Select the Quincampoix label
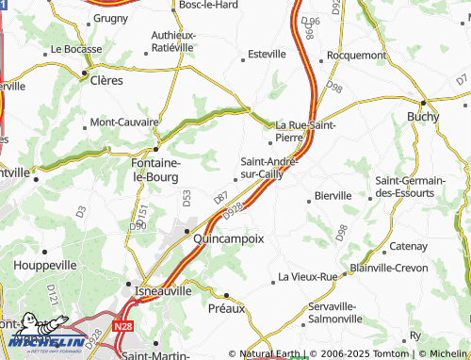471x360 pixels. click(x=228, y=239)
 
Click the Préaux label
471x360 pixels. click(x=226, y=308)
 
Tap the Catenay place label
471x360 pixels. click(x=408, y=247)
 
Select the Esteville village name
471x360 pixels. click(x=266, y=55)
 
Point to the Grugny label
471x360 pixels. click(x=111, y=17)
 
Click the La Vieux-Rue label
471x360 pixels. click(x=308, y=277)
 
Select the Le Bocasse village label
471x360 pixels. click(x=74, y=48)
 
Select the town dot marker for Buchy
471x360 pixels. click(x=424, y=102)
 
